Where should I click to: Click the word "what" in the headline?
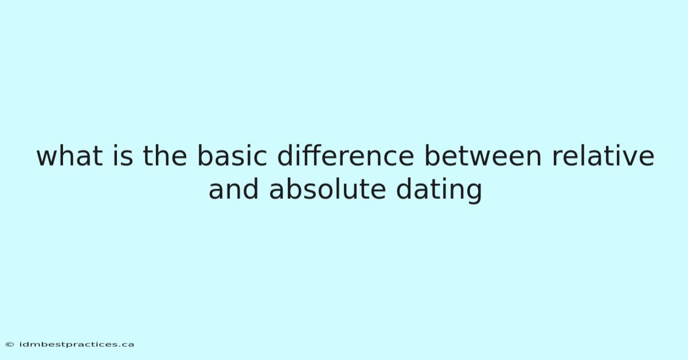[x=70, y=156]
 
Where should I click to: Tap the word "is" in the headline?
[x=123, y=156]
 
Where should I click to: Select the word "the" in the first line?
[x=165, y=156]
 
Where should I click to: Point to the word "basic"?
[x=232, y=156]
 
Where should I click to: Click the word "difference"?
[x=346, y=156]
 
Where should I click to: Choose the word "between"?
[x=483, y=156]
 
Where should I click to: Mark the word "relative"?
[x=603, y=156]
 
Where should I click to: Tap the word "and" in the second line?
[x=233, y=190]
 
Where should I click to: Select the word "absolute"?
[x=327, y=190]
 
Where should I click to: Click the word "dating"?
[x=439, y=191]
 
